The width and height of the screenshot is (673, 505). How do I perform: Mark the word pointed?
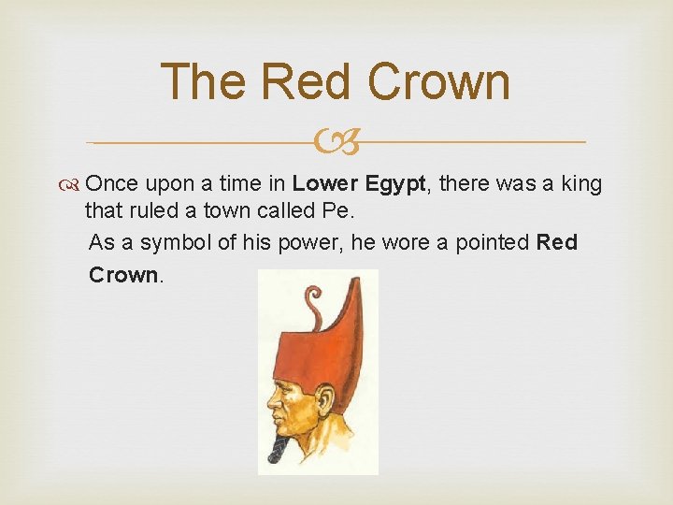(493, 242)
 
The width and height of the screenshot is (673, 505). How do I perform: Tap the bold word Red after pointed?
(558, 242)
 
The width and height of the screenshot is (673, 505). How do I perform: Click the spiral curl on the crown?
(310, 297)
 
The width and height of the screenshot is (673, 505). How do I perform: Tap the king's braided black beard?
(279, 451)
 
